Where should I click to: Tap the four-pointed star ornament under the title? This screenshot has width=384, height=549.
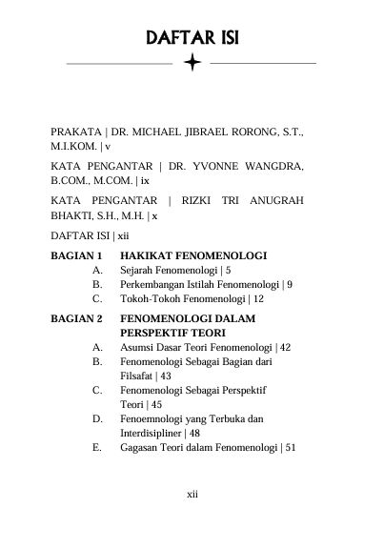tap(192, 64)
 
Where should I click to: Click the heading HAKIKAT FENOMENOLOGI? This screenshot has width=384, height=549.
tap(192, 255)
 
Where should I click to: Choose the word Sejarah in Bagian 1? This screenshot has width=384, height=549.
tap(140, 270)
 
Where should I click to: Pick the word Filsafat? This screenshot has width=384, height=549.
tap(137, 376)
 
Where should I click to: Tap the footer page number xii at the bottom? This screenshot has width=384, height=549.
tap(192, 495)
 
